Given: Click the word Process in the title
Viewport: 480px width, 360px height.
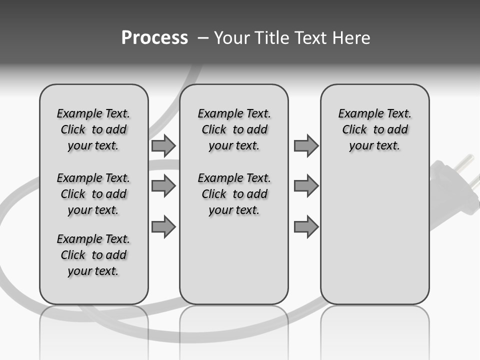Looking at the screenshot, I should [154, 38].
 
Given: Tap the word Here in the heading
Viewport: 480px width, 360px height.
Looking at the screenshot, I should [352, 38].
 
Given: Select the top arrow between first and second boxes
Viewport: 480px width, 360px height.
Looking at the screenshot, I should [163, 146].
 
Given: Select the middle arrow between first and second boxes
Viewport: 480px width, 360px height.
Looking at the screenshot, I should [163, 186].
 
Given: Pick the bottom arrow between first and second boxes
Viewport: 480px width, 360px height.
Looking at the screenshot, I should [163, 226].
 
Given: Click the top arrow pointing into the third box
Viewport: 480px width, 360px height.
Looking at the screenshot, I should [306, 146].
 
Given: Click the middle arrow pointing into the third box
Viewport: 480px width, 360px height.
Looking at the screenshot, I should [306, 186].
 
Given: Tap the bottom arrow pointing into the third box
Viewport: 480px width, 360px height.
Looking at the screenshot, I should [306, 226].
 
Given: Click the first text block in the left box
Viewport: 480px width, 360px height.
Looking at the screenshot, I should [93, 129].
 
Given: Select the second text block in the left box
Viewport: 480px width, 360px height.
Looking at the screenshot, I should [93, 194].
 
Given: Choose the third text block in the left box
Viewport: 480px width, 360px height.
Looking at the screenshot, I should [93, 255].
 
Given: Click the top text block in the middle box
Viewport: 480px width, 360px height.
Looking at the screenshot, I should [234, 129].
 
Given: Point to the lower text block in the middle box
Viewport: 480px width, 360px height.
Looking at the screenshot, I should [234, 194].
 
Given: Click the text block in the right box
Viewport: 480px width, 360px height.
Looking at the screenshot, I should [374, 129].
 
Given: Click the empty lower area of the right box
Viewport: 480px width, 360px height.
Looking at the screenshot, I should [374, 240].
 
